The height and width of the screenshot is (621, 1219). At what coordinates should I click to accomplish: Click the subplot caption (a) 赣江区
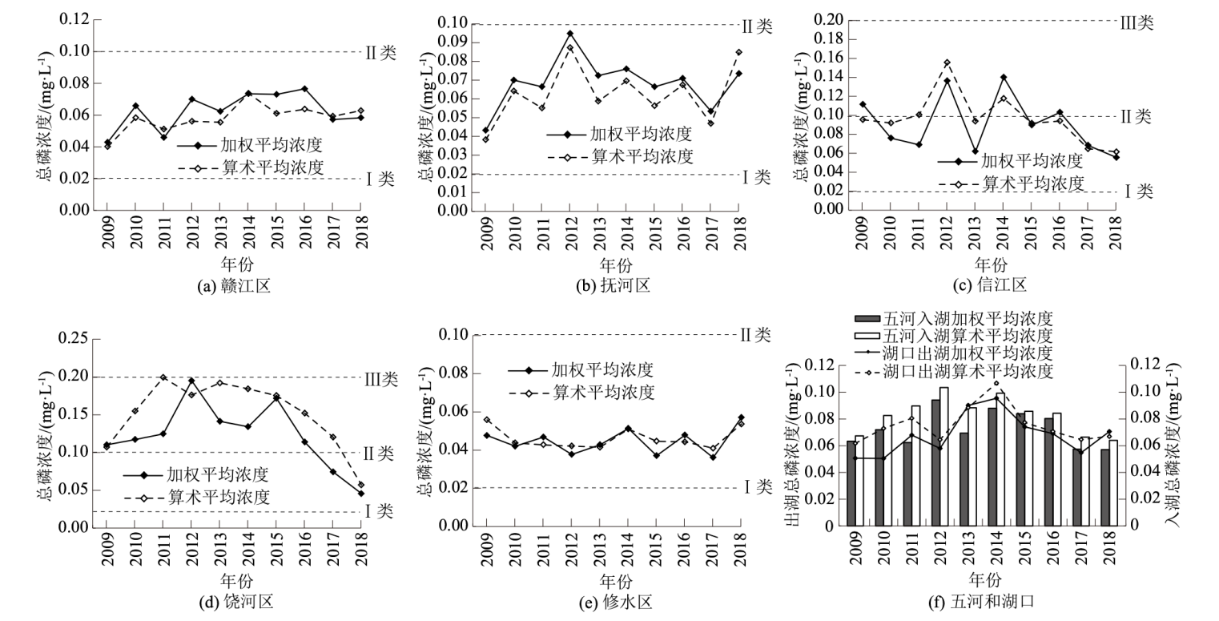(234, 285)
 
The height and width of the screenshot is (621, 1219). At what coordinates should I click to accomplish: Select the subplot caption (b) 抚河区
(615, 285)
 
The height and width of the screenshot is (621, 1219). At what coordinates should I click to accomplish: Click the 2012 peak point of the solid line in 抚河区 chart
(570, 34)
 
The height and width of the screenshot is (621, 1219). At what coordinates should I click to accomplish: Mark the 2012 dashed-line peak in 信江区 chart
(947, 63)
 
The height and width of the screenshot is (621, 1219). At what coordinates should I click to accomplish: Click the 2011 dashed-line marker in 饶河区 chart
(163, 377)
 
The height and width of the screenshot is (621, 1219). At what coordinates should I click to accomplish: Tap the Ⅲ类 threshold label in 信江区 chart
(1136, 22)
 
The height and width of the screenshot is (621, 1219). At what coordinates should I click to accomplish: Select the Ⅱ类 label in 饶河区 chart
(380, 454)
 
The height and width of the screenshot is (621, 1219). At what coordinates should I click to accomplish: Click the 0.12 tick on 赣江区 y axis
(77, 20)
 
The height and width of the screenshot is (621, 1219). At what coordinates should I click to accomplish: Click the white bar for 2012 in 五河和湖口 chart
(922, 457)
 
